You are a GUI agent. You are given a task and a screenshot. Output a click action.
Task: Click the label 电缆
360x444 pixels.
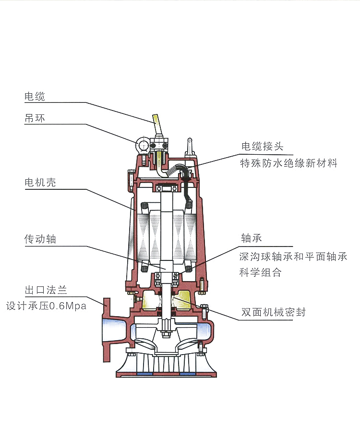click(x=35, y=96)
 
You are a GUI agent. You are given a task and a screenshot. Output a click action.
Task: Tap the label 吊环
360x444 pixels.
click(x=35, y=118)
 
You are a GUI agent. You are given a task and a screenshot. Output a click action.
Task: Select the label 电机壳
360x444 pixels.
click(x=40, y=183)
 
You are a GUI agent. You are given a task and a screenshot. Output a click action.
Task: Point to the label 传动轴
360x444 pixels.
click(x=40, y=239)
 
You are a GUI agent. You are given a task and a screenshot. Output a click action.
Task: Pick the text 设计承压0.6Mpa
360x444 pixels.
click(x=46, y=306)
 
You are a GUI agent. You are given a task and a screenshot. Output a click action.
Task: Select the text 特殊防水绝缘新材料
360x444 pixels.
click(x=288, y=163)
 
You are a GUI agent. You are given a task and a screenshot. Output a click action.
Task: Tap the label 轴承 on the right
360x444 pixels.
click(x=252, y=239)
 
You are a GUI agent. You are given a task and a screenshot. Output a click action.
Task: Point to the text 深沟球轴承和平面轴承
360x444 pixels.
click(x=293, y=256)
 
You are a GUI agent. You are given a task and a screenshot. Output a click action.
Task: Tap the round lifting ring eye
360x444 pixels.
click(x=143, y=145)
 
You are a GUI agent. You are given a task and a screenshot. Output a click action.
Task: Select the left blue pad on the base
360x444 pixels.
click(x=144, y=373)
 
